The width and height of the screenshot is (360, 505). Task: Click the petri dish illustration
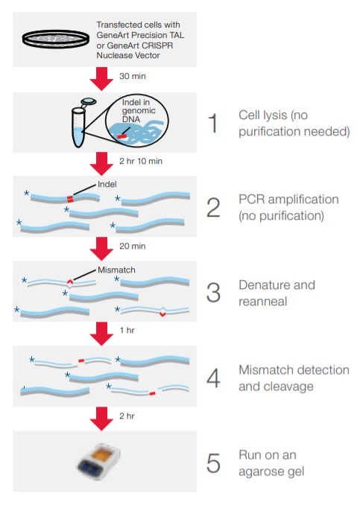(x=56, y=39)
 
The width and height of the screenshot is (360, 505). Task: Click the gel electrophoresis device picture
(x=98, y=460)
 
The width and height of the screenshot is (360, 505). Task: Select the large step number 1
(x=212, y=124)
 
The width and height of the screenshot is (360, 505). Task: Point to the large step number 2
(x=213, y=208)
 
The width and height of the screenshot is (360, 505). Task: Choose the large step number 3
(x=213, y=293)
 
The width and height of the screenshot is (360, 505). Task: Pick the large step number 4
(x=213, y=378)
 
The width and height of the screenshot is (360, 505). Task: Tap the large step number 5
(x=213, y=463)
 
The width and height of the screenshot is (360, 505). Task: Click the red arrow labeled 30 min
(x=101, y=79)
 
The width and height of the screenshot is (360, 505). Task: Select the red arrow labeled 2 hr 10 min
(x=101, y=164)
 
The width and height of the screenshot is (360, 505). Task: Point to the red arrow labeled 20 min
(x=101, y=249)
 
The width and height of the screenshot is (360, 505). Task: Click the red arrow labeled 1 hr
(x=101, y=334)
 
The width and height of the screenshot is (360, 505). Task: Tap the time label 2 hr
(x=127, y=416)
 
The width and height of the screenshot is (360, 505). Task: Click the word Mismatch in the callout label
(x=116, y=270)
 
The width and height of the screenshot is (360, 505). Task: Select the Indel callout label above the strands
(x=107, y=184)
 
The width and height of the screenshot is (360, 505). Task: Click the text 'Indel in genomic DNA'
(x=139, y=111)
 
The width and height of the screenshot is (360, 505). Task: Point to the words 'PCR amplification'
(x=288, y=200)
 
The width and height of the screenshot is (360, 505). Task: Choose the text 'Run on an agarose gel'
(x=271, y=463)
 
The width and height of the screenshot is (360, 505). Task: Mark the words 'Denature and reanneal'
(x=277, y=293)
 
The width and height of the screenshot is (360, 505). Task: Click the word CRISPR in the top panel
(x=157, y=45)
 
